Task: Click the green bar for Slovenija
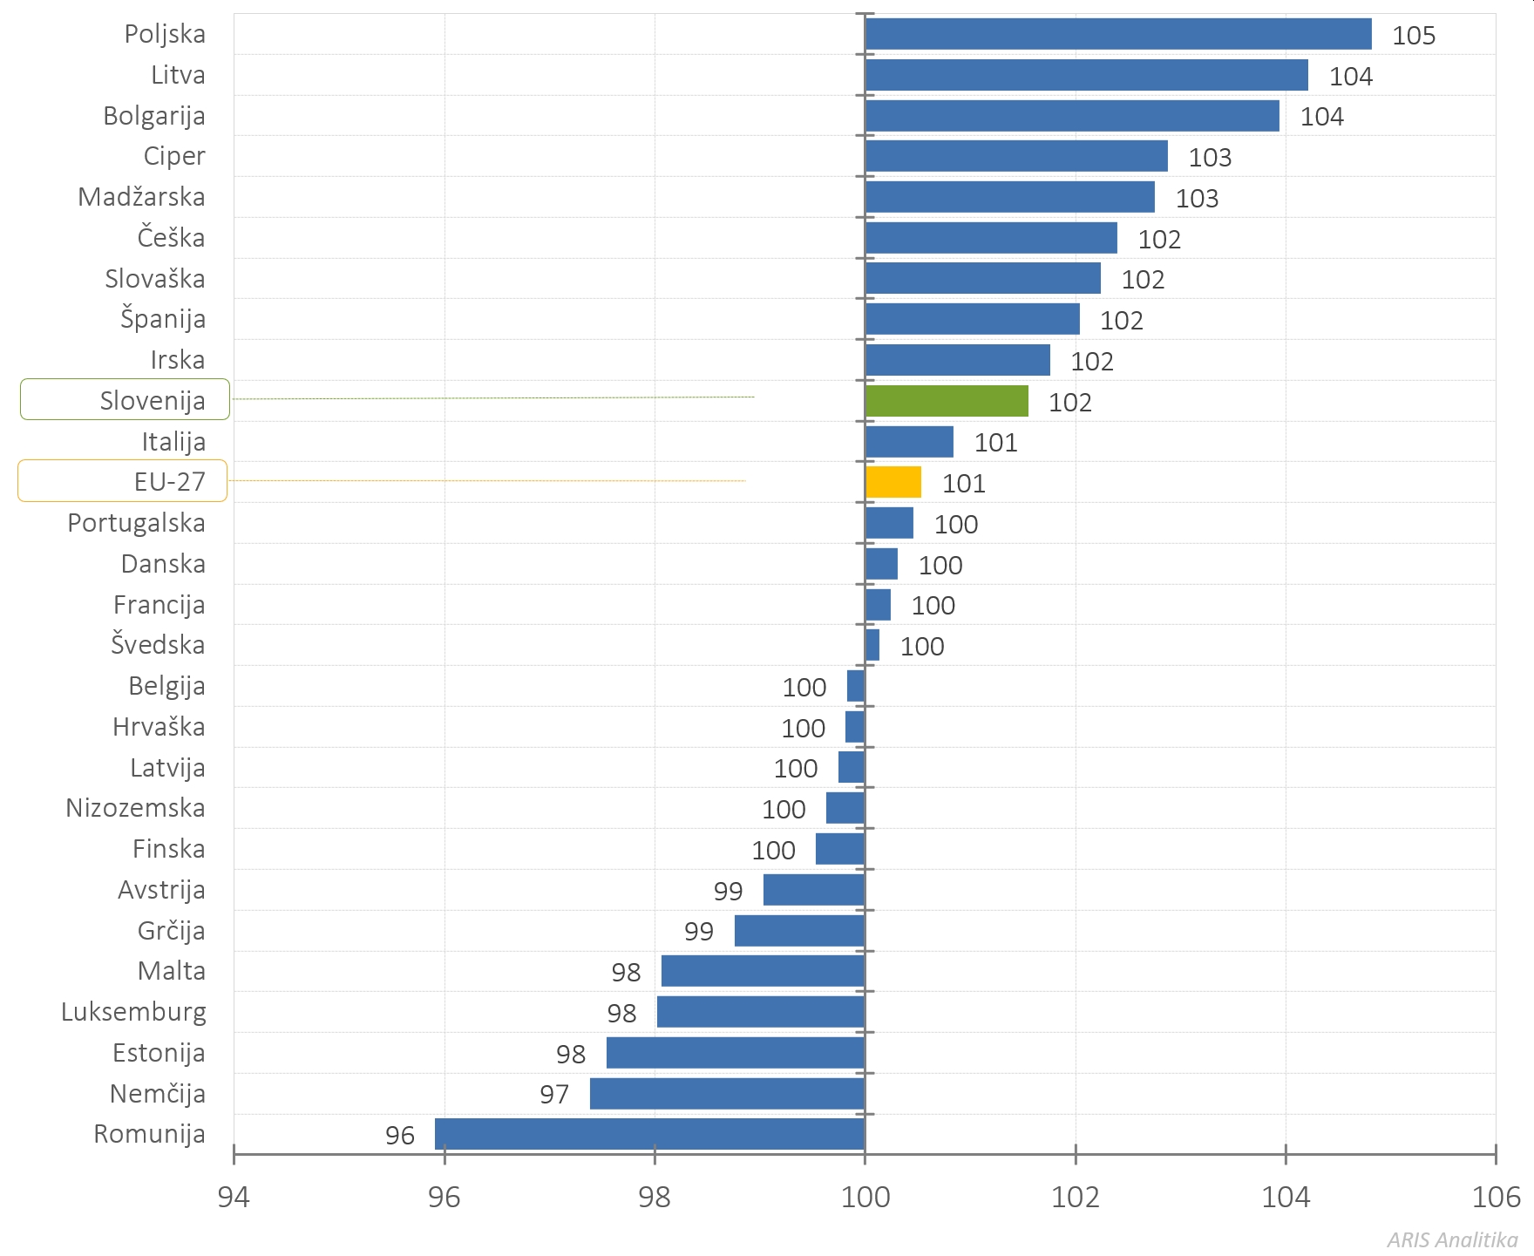pyautogui.click(x=947, y=401)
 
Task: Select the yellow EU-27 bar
pyautogui.click(x=893, y=482)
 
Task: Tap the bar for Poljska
pyautogui.click(x=1118, y=34)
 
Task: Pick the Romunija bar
pyautogui.click(x=649, y=1134)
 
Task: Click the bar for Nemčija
pyautogui.click(x=727, y=1094)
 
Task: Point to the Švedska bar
pyautogui.click(x=872, y=645)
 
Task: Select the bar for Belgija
pyautogui.click(x=856, y=686)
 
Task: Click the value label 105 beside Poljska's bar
pyautogui.click(x=1413, y=36)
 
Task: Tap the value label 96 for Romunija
pyautogui.click(x=400, y=1136)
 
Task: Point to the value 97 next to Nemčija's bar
pyautogui.click(x=554, y=1095)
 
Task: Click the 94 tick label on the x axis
pyautogui.click(x=234, y=1198)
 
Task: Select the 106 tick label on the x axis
pyautogui.click(x=1496, y=1198)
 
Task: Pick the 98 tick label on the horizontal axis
pyautogui.click(x=655, y=1198)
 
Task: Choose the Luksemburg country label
pyautogui.click(x=133, y=1012)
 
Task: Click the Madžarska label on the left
pyautogui.click(x=141, y=197)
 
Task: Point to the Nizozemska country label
pyautogui.click(x=135, y=808)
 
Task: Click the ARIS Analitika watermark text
pyautogui.click(x=1452, y=1239)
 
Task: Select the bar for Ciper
pyautogui.click(x=1016, y=156)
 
